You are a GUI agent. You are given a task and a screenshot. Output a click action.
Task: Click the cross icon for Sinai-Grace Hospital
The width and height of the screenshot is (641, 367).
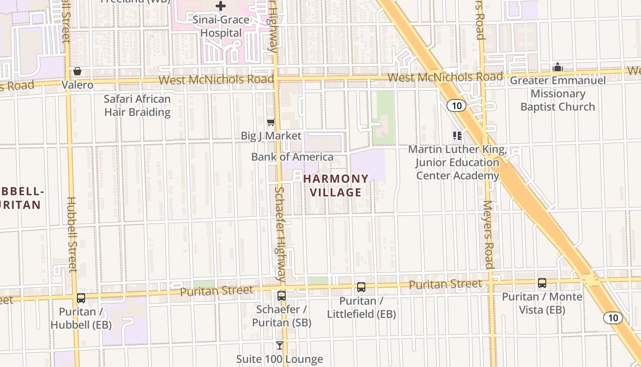click(x=221, y=6)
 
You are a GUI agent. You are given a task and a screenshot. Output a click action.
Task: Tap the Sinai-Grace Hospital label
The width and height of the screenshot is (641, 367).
click(x=221, y=26)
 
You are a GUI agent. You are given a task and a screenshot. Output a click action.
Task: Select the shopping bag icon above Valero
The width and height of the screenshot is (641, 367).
click(x=77, y=72)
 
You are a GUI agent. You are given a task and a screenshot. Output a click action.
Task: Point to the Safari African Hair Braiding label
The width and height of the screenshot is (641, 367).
click(x=137, y=106)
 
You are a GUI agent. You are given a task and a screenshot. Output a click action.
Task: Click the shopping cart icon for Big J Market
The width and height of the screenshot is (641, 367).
click(x=271, y=122)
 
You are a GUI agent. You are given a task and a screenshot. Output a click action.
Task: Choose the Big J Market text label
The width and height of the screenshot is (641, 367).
click(x=271, y=136)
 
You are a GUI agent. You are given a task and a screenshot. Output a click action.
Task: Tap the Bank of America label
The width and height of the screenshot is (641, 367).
click(x=292, y=157)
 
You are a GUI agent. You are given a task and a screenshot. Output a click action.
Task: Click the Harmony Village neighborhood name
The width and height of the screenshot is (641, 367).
click(x=336, y=185)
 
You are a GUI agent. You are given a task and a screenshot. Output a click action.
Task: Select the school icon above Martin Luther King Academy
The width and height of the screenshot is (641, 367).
click(x=457, y=135)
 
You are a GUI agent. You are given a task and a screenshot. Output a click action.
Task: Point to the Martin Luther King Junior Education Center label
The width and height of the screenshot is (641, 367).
click(x=457, y=162)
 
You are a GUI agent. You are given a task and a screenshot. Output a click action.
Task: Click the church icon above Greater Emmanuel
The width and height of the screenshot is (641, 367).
click(x=558, y=67)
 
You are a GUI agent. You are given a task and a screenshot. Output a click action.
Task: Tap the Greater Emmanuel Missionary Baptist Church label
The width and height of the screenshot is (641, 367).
click(x=558, y=94)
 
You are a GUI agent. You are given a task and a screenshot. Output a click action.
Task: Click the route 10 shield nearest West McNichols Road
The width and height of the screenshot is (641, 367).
click(x=456, y=106)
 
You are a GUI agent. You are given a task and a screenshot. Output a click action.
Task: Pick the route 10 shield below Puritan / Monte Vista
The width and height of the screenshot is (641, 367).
click(x=613, y=317)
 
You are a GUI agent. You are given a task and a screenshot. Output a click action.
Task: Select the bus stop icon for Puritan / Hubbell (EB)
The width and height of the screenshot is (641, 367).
click(x=81, y=298)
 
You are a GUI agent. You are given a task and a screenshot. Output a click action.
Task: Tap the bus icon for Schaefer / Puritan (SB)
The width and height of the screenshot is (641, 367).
click(x=282, y=296)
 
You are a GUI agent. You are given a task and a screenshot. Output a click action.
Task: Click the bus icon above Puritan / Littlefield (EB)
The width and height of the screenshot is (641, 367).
click(x=361, y=288)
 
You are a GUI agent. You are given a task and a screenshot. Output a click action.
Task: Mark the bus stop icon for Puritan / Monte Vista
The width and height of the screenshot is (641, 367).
click(x=542, y=283)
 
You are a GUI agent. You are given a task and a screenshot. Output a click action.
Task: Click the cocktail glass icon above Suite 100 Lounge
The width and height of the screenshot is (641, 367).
click(x=280, y=345)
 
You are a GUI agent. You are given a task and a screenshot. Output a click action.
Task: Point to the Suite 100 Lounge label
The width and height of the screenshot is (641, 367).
click(x=280, y=359)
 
